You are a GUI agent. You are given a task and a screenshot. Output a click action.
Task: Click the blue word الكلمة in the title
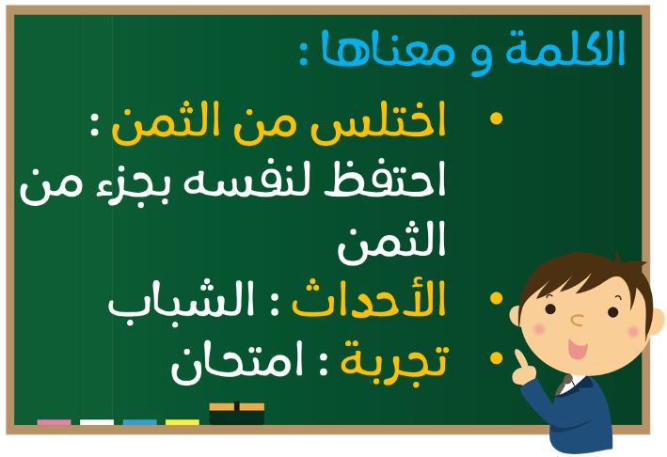564,48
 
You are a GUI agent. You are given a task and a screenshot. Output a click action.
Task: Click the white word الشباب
181,301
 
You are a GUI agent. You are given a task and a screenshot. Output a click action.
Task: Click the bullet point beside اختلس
496,118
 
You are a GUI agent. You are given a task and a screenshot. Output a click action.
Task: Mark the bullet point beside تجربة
496,358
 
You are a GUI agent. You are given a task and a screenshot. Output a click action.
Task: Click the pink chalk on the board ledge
54,421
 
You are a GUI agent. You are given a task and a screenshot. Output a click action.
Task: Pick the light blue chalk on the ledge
140,421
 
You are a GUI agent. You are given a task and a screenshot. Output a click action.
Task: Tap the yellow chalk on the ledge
183,421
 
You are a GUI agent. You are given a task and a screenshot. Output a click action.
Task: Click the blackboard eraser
236,413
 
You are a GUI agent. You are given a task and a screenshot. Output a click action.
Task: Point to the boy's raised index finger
520,358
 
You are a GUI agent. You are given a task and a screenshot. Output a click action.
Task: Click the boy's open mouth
578,349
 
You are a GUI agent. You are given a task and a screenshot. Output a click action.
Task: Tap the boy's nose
577,320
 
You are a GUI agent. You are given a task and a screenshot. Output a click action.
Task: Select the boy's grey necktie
564,385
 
